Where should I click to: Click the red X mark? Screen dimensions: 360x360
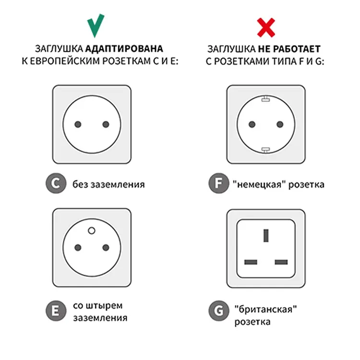point(266,27)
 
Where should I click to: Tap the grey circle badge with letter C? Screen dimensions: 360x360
point(56,183)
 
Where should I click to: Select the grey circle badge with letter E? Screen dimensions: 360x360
point(56,311)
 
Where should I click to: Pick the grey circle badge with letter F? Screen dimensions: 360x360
point(218,183)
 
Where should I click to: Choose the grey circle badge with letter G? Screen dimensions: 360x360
point(218,311)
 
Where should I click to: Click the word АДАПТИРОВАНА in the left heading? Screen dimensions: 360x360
point(124,48)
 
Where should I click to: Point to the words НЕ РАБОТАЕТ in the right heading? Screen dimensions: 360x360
point(289,49)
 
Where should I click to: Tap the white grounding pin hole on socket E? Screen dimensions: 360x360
point(92,230)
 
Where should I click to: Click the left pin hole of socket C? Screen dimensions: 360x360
point(78,124)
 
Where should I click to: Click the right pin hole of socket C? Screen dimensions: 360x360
point(106,124)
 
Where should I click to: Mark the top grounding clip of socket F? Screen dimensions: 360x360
point(265,99)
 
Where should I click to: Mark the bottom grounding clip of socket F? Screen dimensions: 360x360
point(265,150)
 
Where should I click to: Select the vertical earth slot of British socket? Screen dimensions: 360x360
point(266,235)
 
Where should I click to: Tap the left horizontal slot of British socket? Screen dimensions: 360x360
point(251,262)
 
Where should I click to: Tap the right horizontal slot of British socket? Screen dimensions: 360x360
point(281,262)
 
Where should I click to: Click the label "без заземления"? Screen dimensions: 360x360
point(108,184)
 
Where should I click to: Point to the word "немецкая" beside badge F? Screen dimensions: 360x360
point(259,184)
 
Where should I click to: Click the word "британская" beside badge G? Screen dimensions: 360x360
point(265,310)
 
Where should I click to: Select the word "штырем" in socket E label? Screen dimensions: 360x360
point(104,306)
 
